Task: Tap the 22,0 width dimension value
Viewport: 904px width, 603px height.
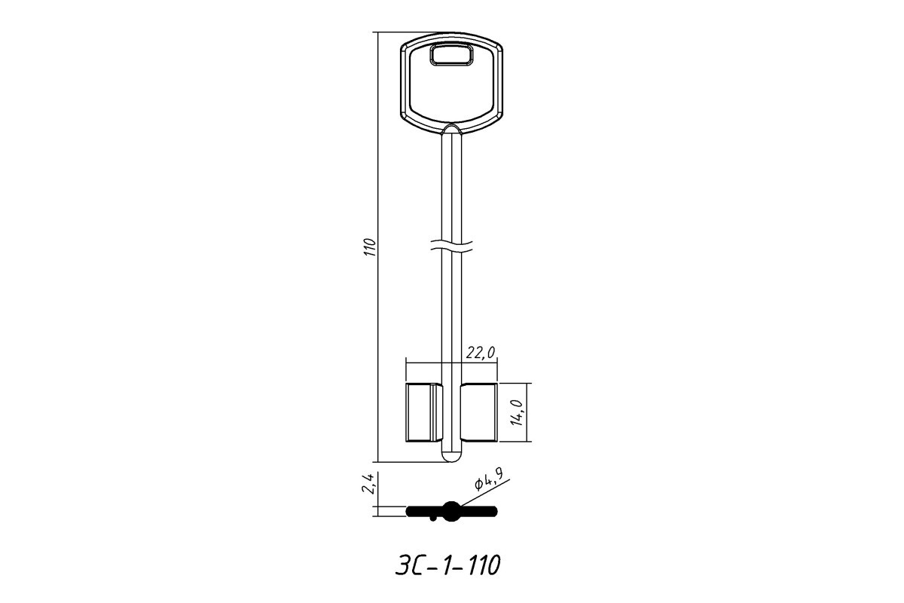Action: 481,353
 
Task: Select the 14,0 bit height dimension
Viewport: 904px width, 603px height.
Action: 517,412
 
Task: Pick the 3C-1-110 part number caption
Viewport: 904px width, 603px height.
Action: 447,565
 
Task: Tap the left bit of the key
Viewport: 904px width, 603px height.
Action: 423,412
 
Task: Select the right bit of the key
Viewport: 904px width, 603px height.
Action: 479,412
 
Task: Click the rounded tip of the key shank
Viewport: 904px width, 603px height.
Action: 451,456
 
